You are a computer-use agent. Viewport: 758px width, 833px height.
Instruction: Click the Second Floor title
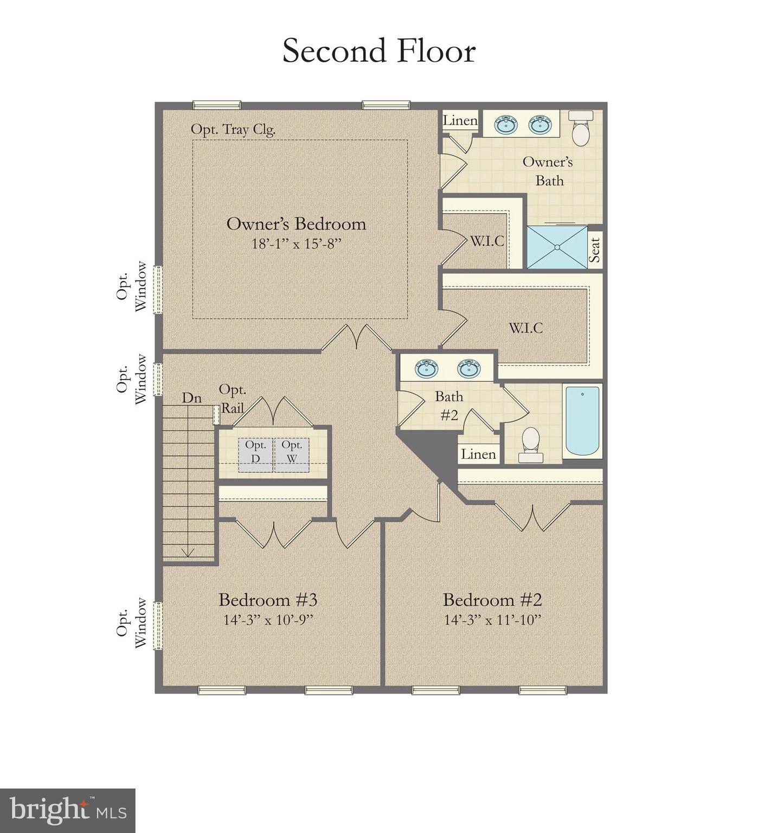(x=379, y=51)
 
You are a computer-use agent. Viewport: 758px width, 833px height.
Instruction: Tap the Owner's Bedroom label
(x=296, y=223)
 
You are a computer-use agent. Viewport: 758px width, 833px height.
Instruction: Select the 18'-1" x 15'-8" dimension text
(x=296, y=244)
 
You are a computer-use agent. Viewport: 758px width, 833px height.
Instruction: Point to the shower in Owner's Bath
(x=557, y=247)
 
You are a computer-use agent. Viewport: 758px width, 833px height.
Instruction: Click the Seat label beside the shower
(x=595, y=250)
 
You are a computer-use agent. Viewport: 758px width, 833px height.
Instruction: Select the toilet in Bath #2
(x=531, y=444)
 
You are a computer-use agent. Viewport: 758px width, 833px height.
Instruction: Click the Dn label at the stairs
(x=191, y=398)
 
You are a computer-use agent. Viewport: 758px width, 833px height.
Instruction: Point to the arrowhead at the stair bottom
(x=188, y=552)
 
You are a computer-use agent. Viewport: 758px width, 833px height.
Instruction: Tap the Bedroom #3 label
(x=268, y=600)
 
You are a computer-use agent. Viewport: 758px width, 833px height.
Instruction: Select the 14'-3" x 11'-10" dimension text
(x=493, y=620)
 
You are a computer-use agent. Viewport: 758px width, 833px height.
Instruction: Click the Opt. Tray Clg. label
(x=233, y=130)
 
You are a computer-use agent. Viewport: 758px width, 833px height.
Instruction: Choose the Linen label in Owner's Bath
(x=460, y=120)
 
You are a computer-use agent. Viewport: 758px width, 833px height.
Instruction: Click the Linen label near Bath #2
(x=478, y=454)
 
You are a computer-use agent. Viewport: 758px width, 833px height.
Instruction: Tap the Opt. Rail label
(x=233, y=399)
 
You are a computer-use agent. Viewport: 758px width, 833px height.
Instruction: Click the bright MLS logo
(x=67, y=810)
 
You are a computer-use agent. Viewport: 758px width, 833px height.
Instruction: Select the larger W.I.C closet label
(x=525, y=328)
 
